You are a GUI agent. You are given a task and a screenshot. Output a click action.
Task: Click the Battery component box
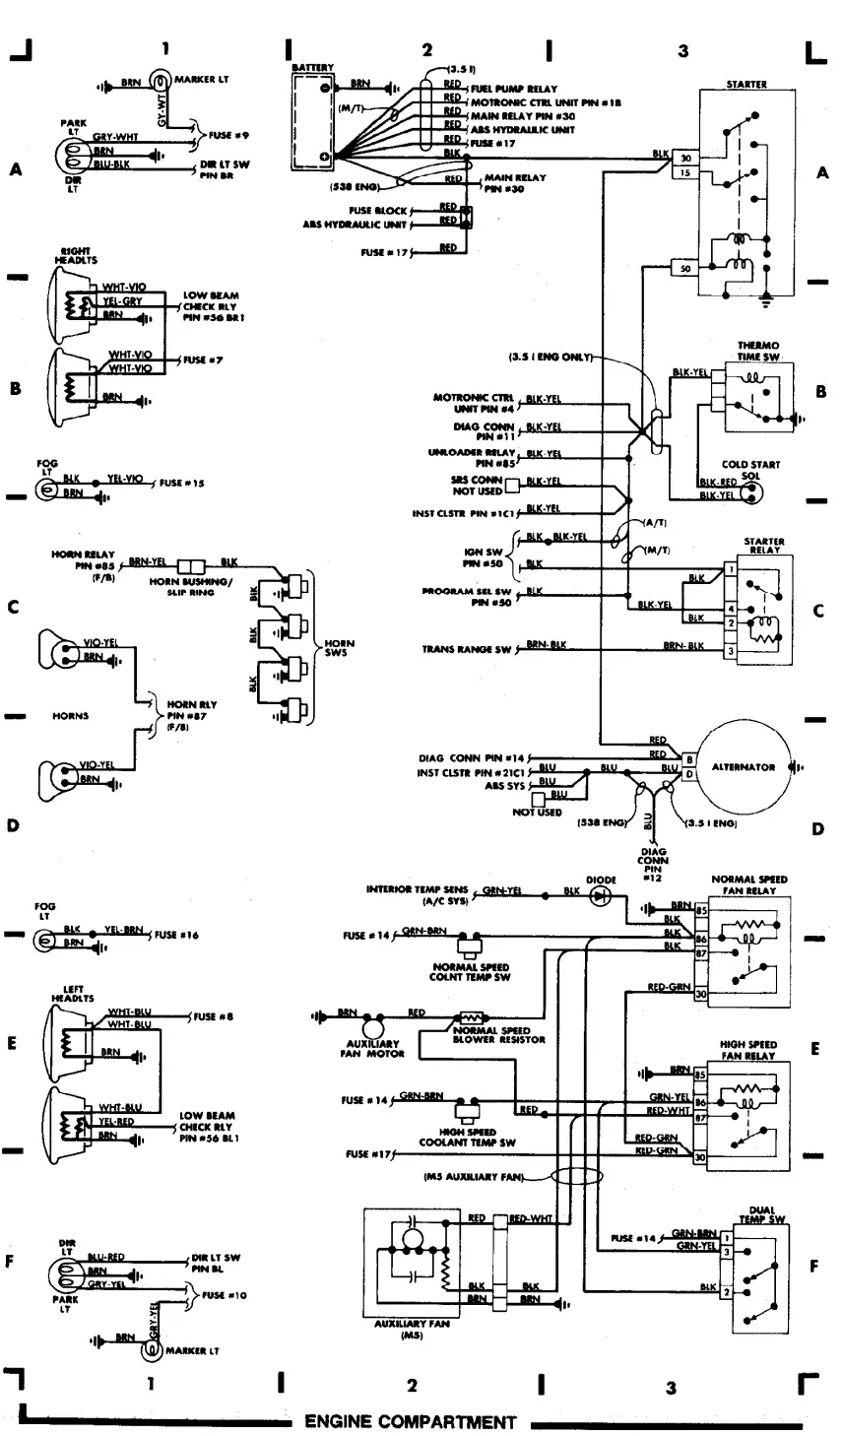(313, 121)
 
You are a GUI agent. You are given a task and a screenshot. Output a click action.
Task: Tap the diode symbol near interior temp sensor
(600, 896)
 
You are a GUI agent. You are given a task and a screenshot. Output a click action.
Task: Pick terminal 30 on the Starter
(686, 158)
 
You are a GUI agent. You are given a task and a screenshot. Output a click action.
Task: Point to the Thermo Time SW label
(758, 351)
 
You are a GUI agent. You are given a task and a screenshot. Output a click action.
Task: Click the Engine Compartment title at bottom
(410, 1421)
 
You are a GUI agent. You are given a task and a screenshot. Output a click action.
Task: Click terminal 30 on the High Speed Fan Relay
(700, 1158)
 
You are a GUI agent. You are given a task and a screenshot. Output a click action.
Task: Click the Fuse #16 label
(177, 935)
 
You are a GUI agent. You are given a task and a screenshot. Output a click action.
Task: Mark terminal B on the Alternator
(689, 759)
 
